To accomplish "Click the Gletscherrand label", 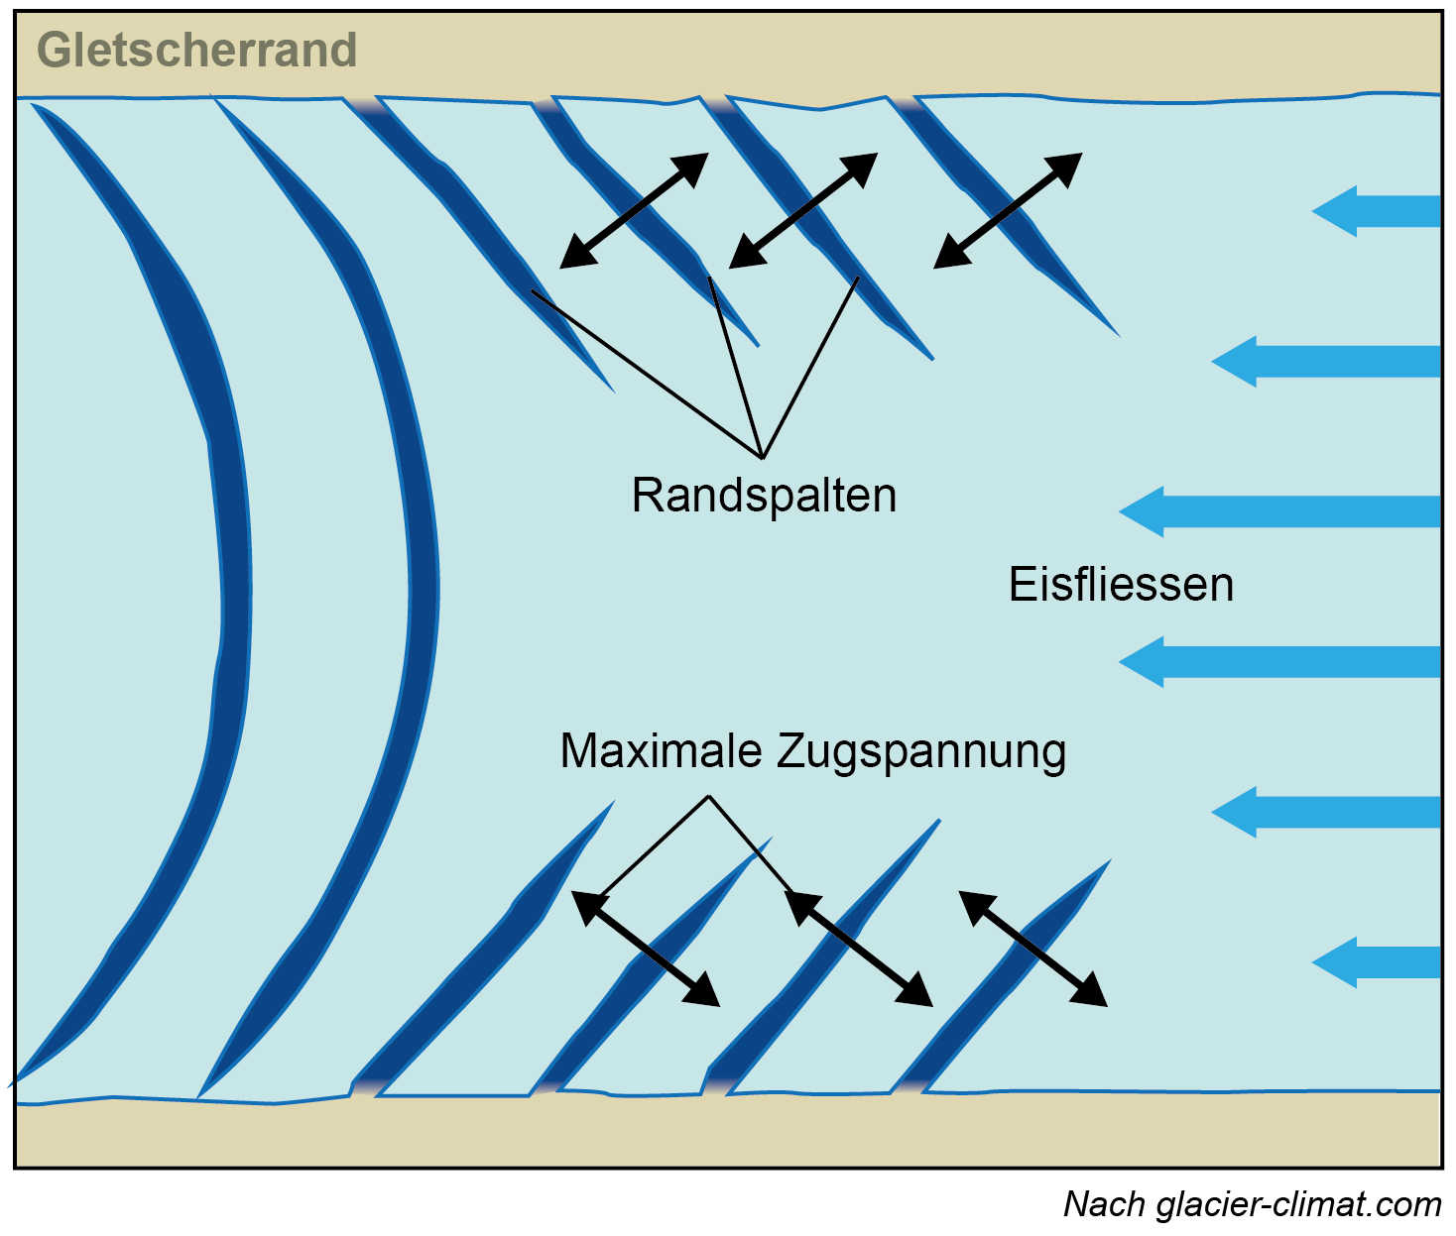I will [x=196, y=51].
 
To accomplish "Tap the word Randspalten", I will [x=764, y=496].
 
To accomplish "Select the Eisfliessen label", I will [x=1121, y=585].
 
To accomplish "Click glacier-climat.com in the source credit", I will [x=1298, y=1205].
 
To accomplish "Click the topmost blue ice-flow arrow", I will [x=1376, y=211].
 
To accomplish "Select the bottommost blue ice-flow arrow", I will [x=1376, y=962].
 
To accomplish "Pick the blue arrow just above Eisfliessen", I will [x=1279, y=511].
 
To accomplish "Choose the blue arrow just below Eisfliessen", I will [x=1279, y=662].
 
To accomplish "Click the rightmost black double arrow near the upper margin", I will [x=1008, y=211].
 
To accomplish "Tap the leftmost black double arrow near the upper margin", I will [x=634, y=211].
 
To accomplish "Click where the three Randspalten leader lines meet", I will [x=763, y=458].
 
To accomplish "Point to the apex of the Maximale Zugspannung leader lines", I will [x=708, y=796].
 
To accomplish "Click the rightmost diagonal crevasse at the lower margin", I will [x=1002, y=981].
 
